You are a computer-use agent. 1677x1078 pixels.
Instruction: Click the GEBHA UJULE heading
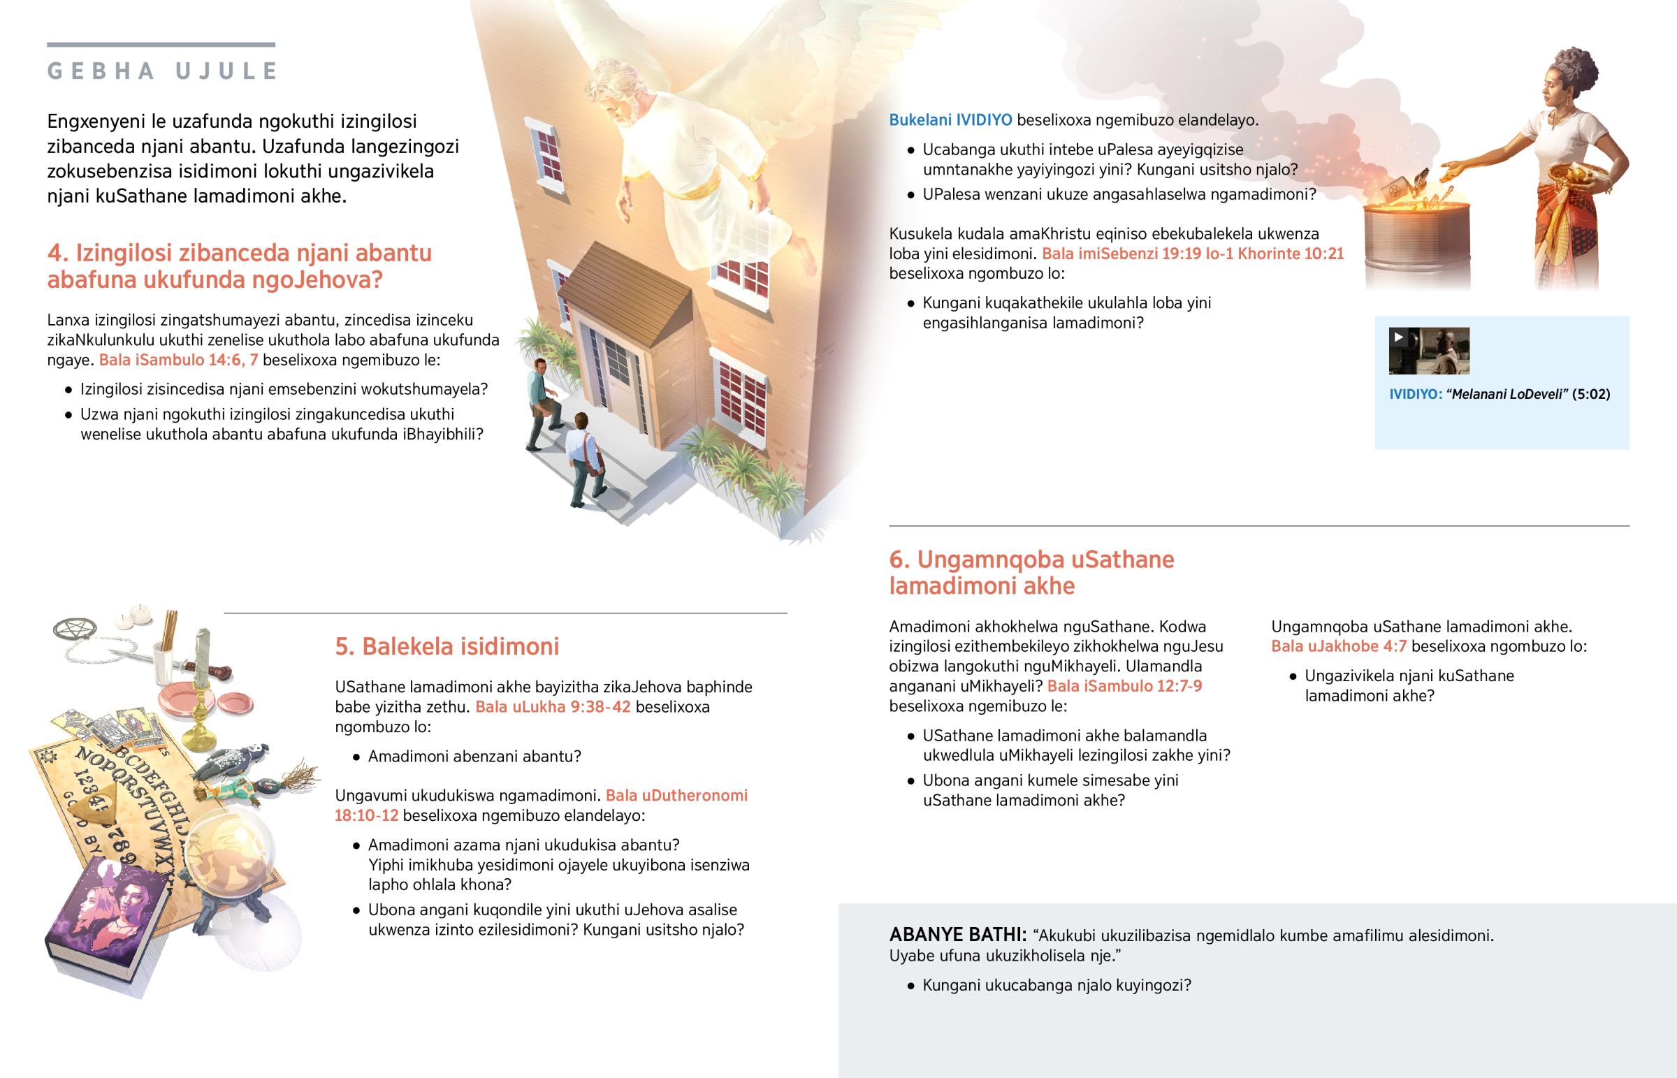click(162, 71)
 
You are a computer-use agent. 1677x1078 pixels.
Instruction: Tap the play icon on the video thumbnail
click(1398, 337)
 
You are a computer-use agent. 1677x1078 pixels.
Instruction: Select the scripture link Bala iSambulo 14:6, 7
click(178, 360)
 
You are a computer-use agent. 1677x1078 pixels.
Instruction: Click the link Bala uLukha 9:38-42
click(553, 707)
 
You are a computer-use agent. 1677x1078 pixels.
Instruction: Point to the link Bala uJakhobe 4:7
click(1339, 646)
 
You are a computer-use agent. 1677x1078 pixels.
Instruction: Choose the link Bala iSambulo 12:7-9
click(1125, 686)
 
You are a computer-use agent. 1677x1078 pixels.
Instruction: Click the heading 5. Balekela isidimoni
click(447, 646)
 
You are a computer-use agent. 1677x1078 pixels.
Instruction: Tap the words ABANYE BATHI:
click(957, 935)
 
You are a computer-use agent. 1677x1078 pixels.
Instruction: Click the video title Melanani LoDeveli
click(1510, 394)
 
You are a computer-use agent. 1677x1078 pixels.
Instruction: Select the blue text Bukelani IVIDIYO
click(950, 119)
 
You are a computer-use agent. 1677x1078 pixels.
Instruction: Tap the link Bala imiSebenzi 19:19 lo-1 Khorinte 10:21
click(1193, 254)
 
